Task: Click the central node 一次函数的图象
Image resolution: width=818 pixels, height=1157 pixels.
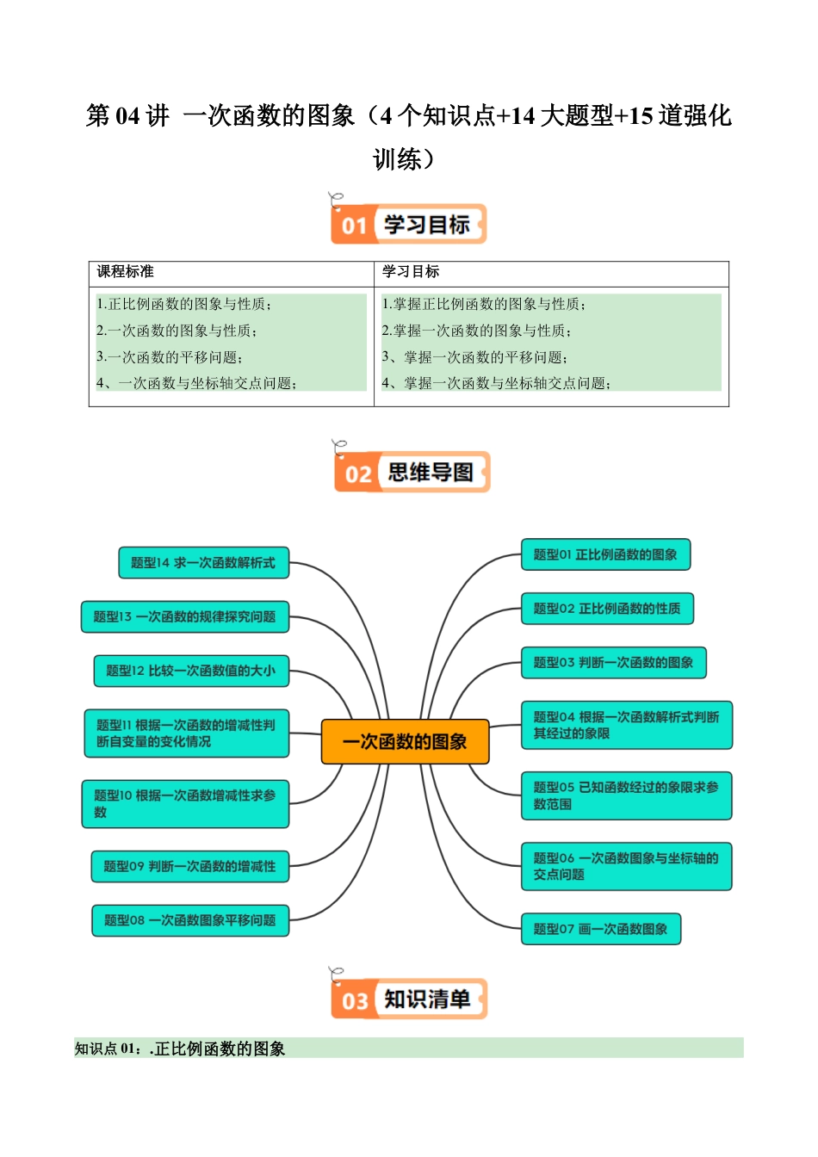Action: tap(405, 741)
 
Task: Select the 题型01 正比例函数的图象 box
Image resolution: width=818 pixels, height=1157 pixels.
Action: tap(605, 554)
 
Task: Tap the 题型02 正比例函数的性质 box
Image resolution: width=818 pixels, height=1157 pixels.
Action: tap(606, 609)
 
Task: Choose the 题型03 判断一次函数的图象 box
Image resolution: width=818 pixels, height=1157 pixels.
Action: tap(613, 662)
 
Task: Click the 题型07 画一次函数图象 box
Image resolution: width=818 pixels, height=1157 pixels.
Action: tap(600, 929)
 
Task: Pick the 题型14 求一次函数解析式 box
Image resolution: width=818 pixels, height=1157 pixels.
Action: tap(203, 563)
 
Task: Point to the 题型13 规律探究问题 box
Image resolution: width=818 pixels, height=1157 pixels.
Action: tap(184, 616)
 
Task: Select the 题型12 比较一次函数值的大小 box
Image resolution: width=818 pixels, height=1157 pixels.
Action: tap(190, 671)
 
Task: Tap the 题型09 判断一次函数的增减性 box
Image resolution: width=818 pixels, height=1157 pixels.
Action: tap(189, 866)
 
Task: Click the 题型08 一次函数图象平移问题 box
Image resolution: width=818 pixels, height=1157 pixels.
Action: tap(189, 920)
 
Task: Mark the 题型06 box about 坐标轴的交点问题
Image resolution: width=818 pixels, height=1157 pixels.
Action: tap(626, 866)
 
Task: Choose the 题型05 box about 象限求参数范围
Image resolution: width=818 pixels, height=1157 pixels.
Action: tap(626, 795)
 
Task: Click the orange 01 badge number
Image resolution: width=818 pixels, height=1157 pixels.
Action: tap(354, 226)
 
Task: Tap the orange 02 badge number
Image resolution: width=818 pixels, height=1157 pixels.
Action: tap(357, 473)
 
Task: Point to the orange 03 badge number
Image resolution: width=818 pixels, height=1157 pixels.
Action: tap(355, 1001)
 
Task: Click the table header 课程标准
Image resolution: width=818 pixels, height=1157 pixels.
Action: tap(126, 272)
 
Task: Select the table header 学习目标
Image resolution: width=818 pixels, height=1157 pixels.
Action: tap(411, 272)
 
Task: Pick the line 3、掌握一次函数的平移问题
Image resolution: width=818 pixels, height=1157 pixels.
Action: tap(474, 357)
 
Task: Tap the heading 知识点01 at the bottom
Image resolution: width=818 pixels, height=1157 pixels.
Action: tap(180, 1049)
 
